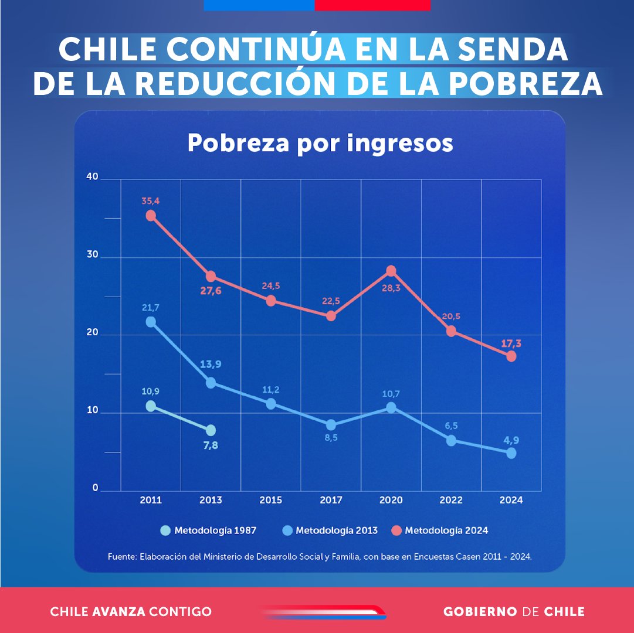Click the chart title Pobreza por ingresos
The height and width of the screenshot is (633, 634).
320,144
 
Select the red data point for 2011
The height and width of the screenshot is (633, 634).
151,216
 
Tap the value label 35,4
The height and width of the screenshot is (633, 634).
151,201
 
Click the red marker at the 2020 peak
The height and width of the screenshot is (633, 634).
391,271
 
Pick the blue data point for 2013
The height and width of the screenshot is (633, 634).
211,383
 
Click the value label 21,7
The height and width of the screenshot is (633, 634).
151,307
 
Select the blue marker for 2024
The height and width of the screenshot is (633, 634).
511,453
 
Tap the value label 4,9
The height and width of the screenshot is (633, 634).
511,440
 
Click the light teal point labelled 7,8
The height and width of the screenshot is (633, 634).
211,430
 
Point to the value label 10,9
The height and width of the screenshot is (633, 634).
151,392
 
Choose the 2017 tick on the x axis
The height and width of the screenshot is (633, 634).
331,501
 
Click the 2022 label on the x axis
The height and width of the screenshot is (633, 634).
451,501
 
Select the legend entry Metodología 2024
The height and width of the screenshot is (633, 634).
446,530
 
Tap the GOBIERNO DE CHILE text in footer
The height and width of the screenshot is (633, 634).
514,612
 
